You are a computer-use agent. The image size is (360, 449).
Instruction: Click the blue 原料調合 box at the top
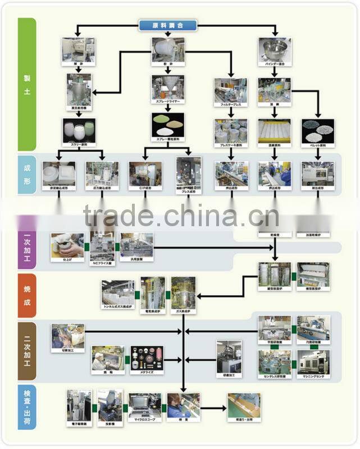point(167,25)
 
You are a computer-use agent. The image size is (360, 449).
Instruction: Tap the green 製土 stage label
point(27,84)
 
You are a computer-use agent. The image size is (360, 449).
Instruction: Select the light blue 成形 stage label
point(27,175)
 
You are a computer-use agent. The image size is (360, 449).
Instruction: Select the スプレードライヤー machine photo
point(167,86)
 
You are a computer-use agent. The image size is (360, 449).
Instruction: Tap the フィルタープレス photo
point(230,90)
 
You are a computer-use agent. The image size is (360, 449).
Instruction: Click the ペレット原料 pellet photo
point(318,130)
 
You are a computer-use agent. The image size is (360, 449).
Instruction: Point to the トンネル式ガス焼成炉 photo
point(118,292)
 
